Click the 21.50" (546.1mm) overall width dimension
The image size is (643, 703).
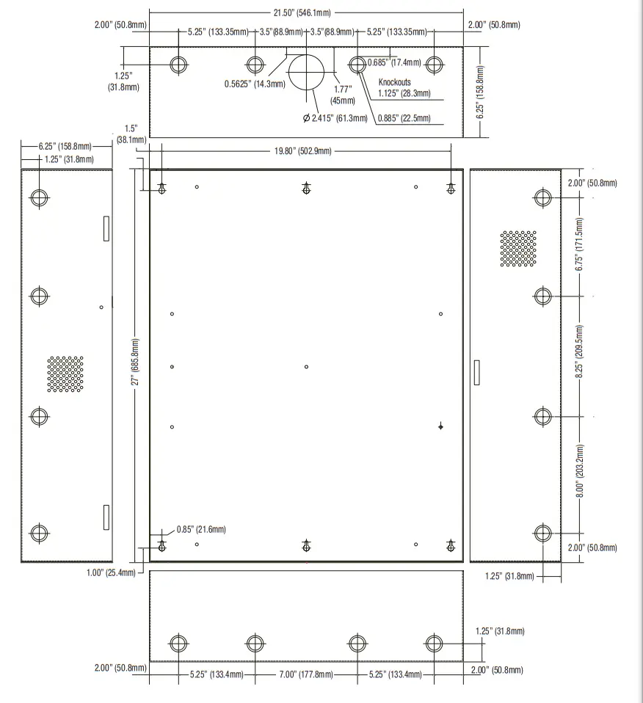point(306,13)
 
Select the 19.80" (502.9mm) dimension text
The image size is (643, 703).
point(302,151)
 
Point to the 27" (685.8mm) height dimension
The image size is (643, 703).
point(134,365)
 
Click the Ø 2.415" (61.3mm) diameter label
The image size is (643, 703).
point(335,118)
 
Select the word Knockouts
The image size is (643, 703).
point(394,82)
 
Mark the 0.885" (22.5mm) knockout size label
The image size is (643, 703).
point(404,118)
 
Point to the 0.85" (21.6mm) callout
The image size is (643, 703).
point(200,529)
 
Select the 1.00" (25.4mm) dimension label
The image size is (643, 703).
point(111,572)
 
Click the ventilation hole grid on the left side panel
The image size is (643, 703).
point(65,374)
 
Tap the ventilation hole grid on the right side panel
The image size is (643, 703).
point(518,249)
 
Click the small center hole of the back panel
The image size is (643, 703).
point(306,366)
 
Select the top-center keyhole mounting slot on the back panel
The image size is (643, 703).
point(306,189)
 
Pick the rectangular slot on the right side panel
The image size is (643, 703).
point(476,372)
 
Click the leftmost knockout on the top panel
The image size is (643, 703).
point(177,65)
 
